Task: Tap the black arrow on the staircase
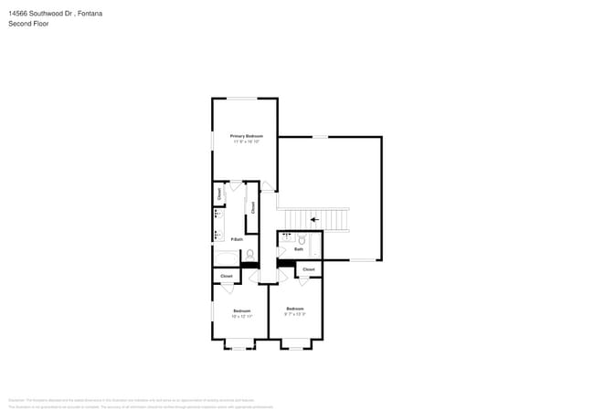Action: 314,219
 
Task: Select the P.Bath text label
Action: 237,239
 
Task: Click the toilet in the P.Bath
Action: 249,256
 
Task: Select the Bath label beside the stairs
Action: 298,249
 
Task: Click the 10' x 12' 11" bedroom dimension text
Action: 242,316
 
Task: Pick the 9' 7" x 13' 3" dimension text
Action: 294,313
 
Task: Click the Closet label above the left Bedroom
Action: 226,276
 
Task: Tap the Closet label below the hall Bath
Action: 308,269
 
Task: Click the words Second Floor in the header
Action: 28,23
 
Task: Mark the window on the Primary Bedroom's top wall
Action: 241,99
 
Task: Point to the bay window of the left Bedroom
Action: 239,348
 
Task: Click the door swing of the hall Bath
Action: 282,249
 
